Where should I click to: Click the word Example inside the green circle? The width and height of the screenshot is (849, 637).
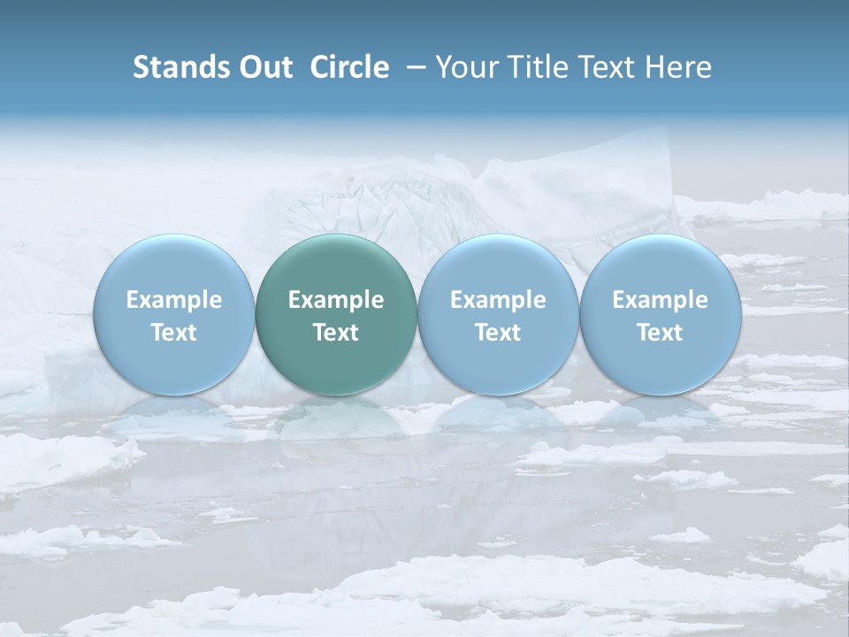point(336,300)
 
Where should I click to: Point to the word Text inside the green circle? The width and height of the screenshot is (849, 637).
point(336,333)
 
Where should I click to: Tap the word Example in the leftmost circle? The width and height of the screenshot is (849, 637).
point(173,300)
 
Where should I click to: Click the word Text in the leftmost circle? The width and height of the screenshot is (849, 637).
point(173,333)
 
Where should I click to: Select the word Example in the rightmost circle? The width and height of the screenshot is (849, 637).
point(660,300)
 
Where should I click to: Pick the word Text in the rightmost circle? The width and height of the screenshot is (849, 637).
point(660,333)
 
